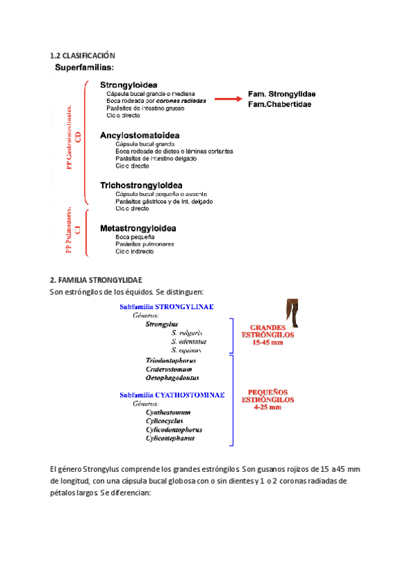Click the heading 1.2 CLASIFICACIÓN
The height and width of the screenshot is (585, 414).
pyautogui.click(x=83, y=55)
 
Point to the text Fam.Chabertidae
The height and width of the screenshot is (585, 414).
pyautogui.click(x=279, y=104)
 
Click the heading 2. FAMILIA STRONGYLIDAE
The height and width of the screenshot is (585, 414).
pyautogui.click(x=96, y=280)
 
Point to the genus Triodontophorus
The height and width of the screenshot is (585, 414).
pyautogui.click(x=171, y=361)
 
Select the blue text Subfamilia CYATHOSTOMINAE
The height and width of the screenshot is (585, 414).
pyautogui.click(x=172, y=395)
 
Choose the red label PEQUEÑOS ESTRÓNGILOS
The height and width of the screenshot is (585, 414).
pyautogui.click(x=271, y=399)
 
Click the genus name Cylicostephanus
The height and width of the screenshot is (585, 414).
pyautogui.click(x=170, y=438)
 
